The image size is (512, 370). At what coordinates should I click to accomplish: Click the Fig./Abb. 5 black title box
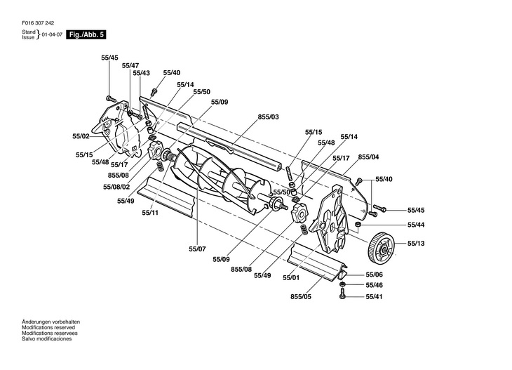click(x=86, y=34)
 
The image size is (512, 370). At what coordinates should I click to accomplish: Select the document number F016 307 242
click(x=38, y=23)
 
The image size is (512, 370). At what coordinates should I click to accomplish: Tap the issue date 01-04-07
click(x=52, y=34)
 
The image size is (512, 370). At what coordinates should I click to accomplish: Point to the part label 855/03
click(x=269, y=117)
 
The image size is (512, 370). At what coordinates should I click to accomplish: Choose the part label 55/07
click(x=197, y=249)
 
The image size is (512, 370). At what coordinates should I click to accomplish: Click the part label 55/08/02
click(x=116, y=187)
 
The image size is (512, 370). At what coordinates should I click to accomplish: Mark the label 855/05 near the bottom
click(x=301, y=297)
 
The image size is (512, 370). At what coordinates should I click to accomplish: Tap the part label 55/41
click(x=374, y=297)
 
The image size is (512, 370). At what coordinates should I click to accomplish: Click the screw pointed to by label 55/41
click(x=342, y=293)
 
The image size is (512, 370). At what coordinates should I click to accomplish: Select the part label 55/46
click(x=374, y=285)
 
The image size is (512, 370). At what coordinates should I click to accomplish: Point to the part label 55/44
click(x=416, y=225)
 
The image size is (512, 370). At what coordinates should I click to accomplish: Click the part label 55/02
click(x=81, y=136)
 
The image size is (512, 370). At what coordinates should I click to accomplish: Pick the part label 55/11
click(x=150, y=213)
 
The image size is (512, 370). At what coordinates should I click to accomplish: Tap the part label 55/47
click(x=130, y=66)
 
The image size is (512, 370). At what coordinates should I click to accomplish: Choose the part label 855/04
click(x=369, y=157)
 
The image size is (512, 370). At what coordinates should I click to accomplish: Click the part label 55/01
click(x=291, y=278)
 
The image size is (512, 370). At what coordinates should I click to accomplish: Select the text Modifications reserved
click(x=48, y=327)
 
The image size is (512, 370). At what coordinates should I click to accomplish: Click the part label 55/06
click(x=374, y=275)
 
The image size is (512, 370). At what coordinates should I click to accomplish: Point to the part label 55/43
click(x=142, y=73)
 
